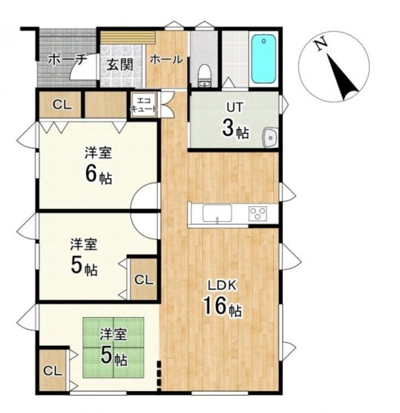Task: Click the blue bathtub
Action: pyautogui.click(x=263, y=59)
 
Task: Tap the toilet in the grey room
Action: pyautogui.click(x=205, y=76)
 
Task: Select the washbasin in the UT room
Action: pyautogui.click(x=269, y=137)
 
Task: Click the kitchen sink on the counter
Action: pyautogui.click(x=217, y=214)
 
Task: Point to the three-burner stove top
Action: pyautogui.click(x=257, y=214)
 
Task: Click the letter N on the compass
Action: pyautogui.click(x=322, y=45)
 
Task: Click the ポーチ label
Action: pyautogui.click(x=67, y=59)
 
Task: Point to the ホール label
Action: pyautogui.click(x=166, y=59)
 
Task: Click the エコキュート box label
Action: pyautogui.click(x=144, y=105)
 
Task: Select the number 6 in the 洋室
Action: pyautogui.click(x=91, y=174)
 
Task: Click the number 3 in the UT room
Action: pyautogui.click(x=228, y=128)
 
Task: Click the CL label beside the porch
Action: pyautogui.click(x=62, y=105)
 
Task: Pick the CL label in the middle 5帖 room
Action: pyautogui.click(x=144, y=280)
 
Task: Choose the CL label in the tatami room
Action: pyautogui.click(x=53, y=371)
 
